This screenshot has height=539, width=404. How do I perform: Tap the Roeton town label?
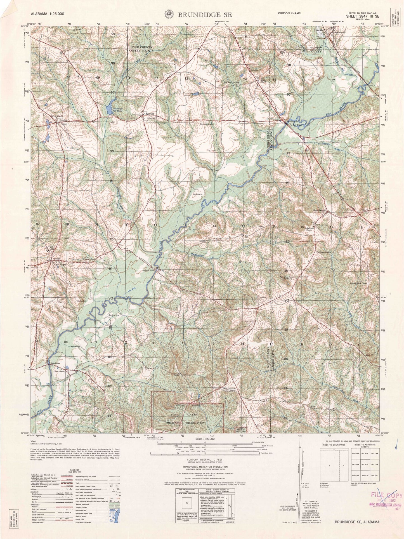(x=150, y=114)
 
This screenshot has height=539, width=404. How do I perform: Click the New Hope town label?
(x=60, y=264)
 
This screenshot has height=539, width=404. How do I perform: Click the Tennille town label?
(x=318, y=30)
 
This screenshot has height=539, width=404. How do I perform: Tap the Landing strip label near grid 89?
(x=114, y=315)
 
